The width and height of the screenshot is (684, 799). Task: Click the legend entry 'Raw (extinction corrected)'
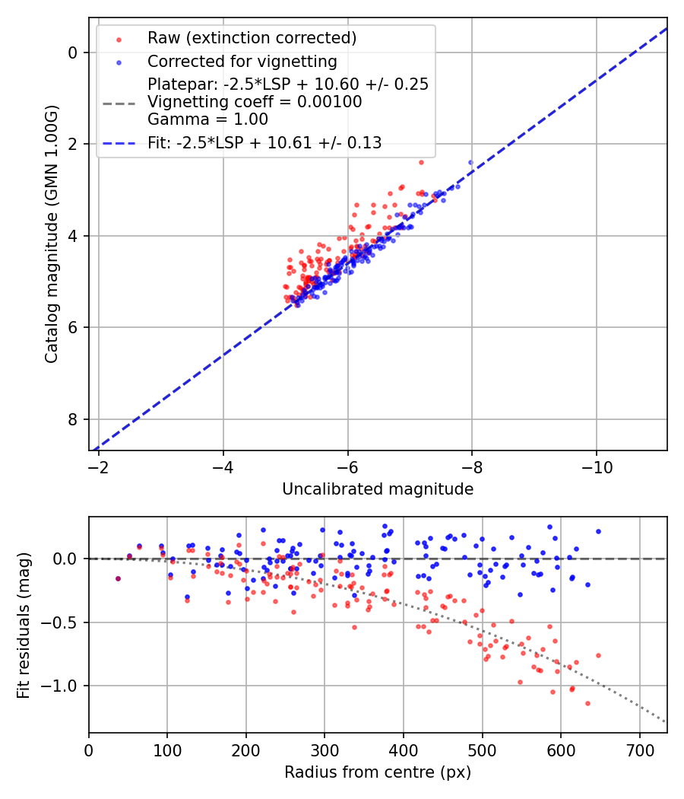[252, 38]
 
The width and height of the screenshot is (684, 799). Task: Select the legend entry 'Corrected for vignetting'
[242, 61]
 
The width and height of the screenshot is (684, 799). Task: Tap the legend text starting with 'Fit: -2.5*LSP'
[264, 142]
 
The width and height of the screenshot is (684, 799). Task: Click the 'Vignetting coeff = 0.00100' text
[255, 101]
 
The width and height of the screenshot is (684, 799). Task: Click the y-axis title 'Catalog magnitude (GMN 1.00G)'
[51, 233]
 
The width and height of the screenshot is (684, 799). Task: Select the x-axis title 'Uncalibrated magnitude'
[378, 489]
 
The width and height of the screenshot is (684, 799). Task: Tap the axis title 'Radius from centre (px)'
[378, 772]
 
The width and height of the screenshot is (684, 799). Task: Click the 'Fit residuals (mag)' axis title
[24, 625]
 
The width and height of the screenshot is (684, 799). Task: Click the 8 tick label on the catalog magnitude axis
[74, 419]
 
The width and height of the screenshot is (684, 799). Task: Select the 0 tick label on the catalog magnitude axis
[74, 53]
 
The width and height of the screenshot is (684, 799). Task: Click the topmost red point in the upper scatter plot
[421, 162]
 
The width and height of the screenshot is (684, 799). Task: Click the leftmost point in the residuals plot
[118, 578]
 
